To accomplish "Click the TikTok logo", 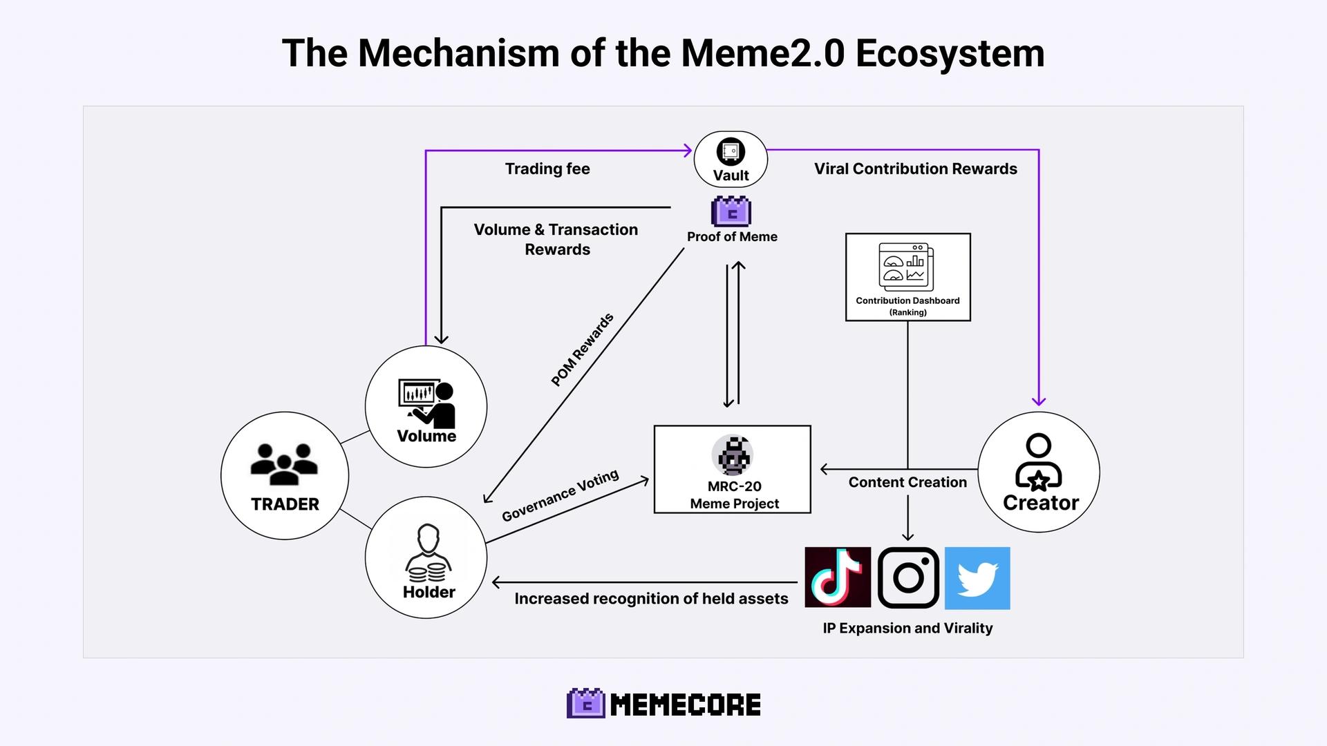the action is (838, 577).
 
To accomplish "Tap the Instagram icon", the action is (908, 577).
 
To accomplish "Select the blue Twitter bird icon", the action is (977, 578).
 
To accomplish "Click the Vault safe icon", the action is (731, 151).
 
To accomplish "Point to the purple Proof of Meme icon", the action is (731, 211).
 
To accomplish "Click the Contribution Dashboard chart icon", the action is (906, 267).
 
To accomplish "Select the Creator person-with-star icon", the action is (1038, 462).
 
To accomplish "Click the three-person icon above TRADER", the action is (284, 463).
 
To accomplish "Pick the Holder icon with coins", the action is (428, 553).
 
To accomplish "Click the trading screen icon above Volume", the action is (427, 403).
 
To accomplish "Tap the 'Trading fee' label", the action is (547, 169).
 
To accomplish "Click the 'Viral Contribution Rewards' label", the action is (916, 169).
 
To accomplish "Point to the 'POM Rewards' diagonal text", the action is (582, 350).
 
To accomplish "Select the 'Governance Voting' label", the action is (561, 496).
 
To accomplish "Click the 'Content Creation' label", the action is (907, 482).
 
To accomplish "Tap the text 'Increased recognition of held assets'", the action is (651, 599).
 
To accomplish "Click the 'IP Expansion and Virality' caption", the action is (907, 628).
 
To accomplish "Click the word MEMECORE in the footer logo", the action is (686, 705).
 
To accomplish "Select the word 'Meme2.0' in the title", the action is (763, 52).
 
